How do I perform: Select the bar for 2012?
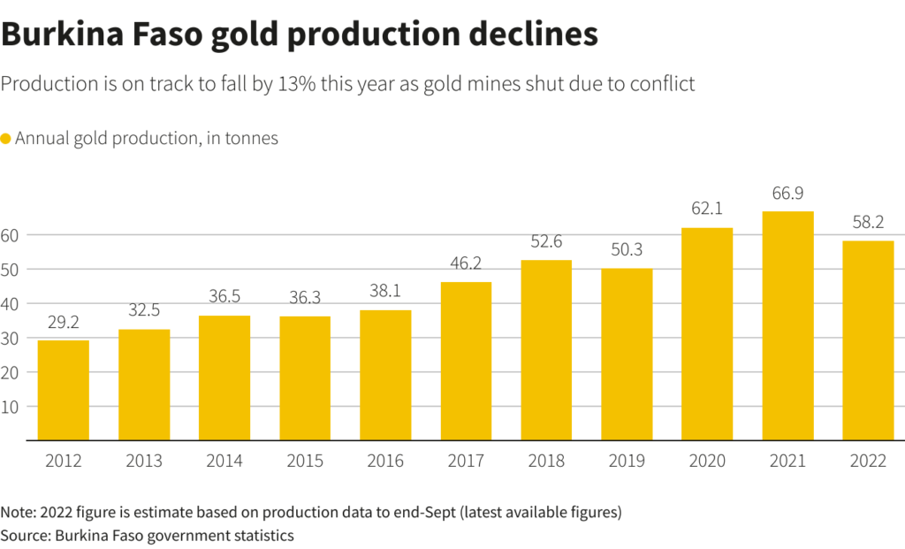(x=63, y=390)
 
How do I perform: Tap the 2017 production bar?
(x=465, y=361)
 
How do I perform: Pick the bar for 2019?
(x=627, y=354)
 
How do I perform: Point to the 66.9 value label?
(x=787, y=194)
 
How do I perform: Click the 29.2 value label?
(x=63, y=323)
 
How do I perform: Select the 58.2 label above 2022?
(x=868, y=223)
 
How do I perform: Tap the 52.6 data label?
(x=545, y=242)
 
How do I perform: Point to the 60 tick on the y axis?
(x=11, y=235)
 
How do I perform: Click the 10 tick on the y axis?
(x=11, y=407)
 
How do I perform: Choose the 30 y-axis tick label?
(x=11, y=339)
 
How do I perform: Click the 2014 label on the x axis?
(x=224, y=461)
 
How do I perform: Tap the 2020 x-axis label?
(x=707, y=461)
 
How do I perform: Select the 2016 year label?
(x=384, y=461)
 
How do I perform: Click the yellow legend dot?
(x=5, y=139)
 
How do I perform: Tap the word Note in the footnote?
(x=18, y=513)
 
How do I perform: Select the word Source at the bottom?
(x=25, y=535)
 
